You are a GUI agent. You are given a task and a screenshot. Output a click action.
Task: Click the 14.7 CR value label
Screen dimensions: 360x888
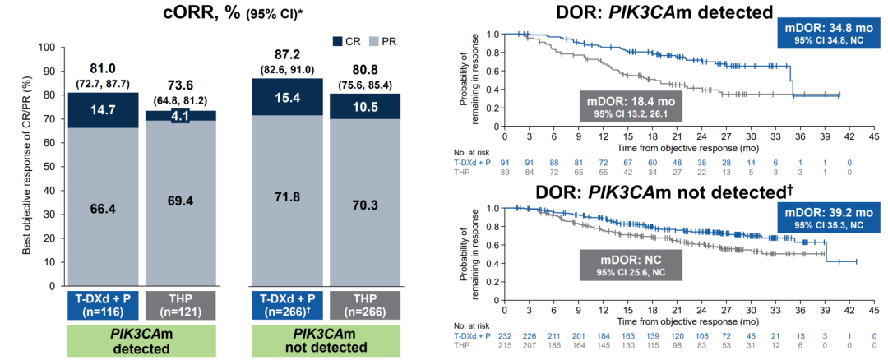tap(91, 109)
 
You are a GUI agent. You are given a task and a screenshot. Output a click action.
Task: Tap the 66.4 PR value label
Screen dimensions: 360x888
tap(91, 209)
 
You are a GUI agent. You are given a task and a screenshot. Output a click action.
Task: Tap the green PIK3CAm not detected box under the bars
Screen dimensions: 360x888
tap(311, 339)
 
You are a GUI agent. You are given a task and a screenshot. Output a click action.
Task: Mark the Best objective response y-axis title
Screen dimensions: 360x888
tap(25, 164)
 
